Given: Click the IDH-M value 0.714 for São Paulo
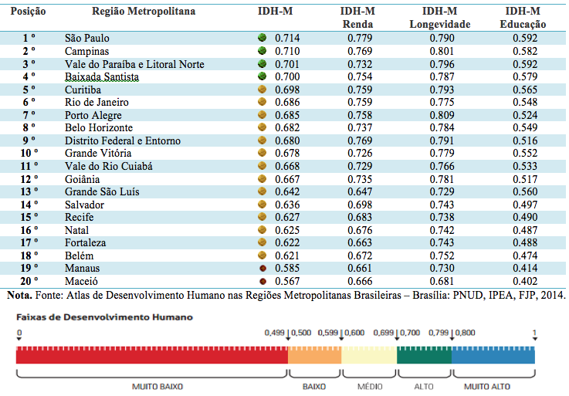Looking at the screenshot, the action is tap(287, 38).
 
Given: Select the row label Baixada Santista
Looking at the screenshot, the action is tap(102, 76).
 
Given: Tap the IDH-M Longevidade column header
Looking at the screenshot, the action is tap(440, 18).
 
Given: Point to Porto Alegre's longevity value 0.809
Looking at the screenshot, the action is tap(442, 115).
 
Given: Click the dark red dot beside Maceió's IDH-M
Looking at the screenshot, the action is tap(263, 281).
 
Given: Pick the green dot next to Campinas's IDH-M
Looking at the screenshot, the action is tap(262, 50).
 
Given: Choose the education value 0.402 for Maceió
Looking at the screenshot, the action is tap(525, 281).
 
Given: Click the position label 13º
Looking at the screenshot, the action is tap(29, 191).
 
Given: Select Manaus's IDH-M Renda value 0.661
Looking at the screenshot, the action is tap(360, 268).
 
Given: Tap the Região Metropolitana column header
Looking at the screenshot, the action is tap(144, 12).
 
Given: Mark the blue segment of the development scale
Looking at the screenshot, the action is tap(493, 355).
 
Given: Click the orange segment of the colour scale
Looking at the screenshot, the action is tap(315, 355).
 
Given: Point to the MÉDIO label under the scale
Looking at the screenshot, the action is tap(370, 387).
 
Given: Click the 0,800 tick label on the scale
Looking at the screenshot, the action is tap(466, 333).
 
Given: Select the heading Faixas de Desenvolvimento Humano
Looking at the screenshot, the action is tap(104, 317).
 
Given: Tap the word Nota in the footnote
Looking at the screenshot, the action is tap(19, 295).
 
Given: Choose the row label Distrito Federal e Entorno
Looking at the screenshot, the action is tap(123, 140).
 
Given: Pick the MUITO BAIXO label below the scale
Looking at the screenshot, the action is tap(157, 387).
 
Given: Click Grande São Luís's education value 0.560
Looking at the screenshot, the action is tap(525, 191).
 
